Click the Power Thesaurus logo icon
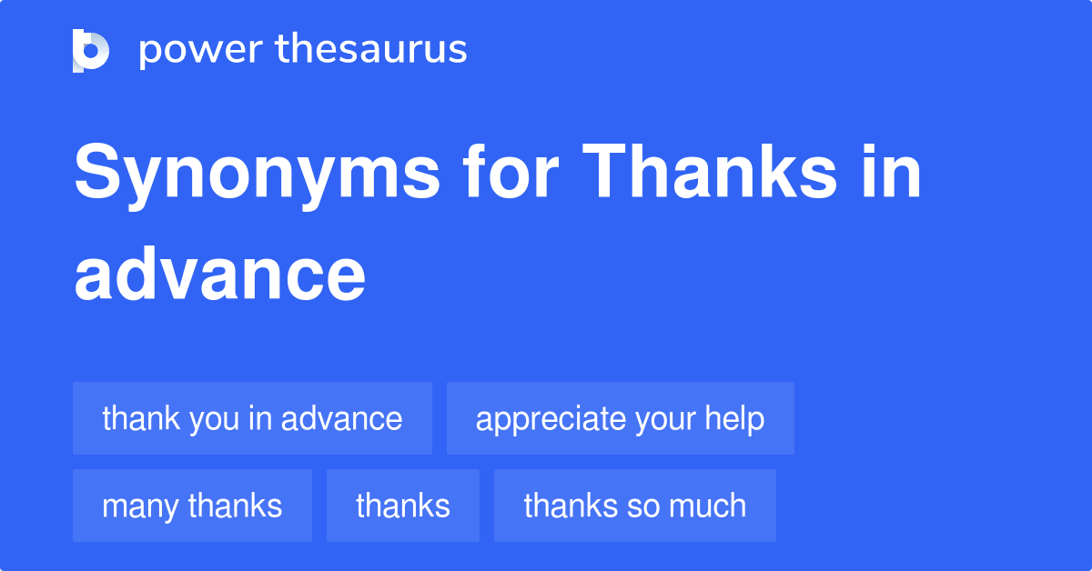[91, 51]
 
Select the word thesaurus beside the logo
[371, 48]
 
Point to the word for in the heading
[511, 171]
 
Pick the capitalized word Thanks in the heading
[709, 171]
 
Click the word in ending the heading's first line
[891, 171]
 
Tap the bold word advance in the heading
[220, 274]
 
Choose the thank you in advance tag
[253, 418]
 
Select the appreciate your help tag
[621, 418]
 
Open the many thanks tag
[193, 506]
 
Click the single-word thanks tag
[403, 506]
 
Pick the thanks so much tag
[635, 506]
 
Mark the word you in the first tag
[214, 420]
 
